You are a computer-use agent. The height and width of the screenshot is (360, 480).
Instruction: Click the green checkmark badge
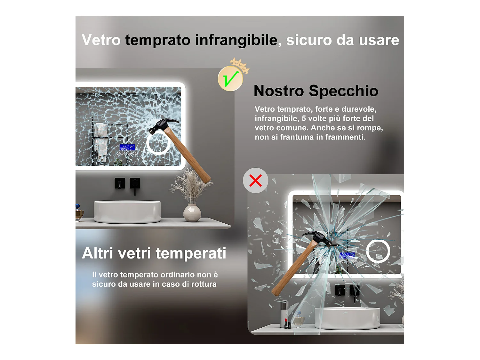[x=230, y=78]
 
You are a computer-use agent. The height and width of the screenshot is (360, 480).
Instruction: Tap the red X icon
[x=255, y=180]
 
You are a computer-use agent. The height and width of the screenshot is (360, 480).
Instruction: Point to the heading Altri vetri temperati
[x=154, y=253]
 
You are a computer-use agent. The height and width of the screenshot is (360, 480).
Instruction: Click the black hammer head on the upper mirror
[x=163, y=125]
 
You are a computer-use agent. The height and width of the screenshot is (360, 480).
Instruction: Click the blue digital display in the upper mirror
[x=127, y=147]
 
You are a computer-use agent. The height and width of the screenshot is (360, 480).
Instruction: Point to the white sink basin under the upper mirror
[x=127, y=212]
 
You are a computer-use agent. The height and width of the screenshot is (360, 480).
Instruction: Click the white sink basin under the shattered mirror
[x=347, y=318]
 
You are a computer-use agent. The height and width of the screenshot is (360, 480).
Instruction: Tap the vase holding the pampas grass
[x=192, y=213]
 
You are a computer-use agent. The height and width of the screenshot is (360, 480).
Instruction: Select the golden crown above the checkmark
[x=240, y=65]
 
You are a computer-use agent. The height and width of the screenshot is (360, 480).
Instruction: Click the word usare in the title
[x=379, y=40]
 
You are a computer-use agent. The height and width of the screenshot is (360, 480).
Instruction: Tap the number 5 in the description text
[x=304, y=118]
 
